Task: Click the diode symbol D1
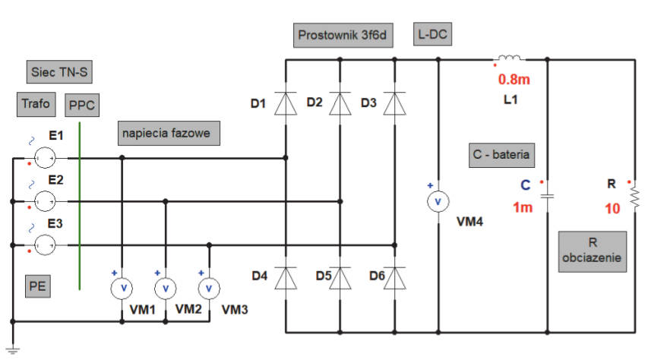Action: point(286,103)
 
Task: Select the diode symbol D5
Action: point(340,278)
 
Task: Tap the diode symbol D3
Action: point(394,103)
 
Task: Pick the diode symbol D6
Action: point(394,278)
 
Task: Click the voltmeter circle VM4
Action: point(438,202)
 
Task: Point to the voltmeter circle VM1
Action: point(122,288)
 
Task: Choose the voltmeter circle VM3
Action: point(209,288)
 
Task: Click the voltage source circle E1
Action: point(44,158)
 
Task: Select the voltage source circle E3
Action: point(44,245)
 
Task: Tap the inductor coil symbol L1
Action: point(509,58)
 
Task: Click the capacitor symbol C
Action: point(547,196)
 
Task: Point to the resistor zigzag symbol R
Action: point(635,196)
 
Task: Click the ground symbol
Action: point(13,349)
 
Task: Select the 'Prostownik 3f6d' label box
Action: point(343,35)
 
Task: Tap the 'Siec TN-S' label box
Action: point(59,72)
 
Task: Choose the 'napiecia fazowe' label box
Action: point(169,133)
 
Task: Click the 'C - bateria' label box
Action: point(501,155)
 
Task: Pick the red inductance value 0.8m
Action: point(514,79)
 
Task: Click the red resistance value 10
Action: point(612,208)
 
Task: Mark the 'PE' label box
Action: point(38,286)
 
